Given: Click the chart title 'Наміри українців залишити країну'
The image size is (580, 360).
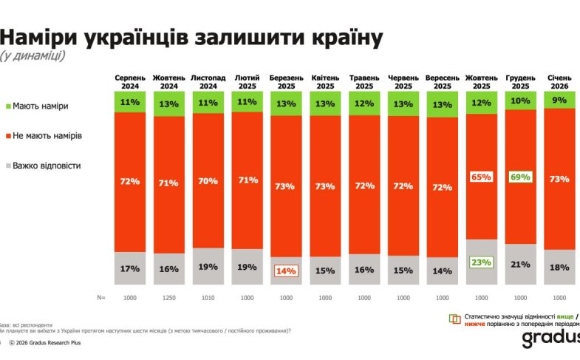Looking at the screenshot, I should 191,37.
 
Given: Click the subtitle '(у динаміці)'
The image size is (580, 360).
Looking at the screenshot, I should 32,56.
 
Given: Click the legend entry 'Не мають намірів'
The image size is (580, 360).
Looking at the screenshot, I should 47,136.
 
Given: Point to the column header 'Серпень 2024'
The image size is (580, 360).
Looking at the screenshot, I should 130,81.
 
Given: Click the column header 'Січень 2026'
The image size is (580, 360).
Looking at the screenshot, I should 559,81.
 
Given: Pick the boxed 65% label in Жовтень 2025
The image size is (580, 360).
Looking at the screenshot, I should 481,177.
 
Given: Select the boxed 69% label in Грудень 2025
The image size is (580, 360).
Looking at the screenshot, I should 520,177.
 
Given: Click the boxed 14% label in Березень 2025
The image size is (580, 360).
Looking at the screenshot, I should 286,271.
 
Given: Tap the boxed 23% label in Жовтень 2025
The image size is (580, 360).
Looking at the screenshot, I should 481,261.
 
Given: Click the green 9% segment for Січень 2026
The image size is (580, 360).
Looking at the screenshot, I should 559,100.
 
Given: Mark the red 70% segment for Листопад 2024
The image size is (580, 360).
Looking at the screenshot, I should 208,180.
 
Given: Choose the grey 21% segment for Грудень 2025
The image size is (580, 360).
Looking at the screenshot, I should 520,265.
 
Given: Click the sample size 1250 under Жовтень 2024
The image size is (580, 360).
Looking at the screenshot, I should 169,298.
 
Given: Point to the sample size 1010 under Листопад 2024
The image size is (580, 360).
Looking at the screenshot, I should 208,298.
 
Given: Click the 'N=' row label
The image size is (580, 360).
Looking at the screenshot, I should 101,298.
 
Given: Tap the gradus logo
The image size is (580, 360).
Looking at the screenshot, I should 550,339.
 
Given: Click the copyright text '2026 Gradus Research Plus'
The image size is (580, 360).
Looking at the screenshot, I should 52,343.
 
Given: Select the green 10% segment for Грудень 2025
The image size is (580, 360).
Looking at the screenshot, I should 520,101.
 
